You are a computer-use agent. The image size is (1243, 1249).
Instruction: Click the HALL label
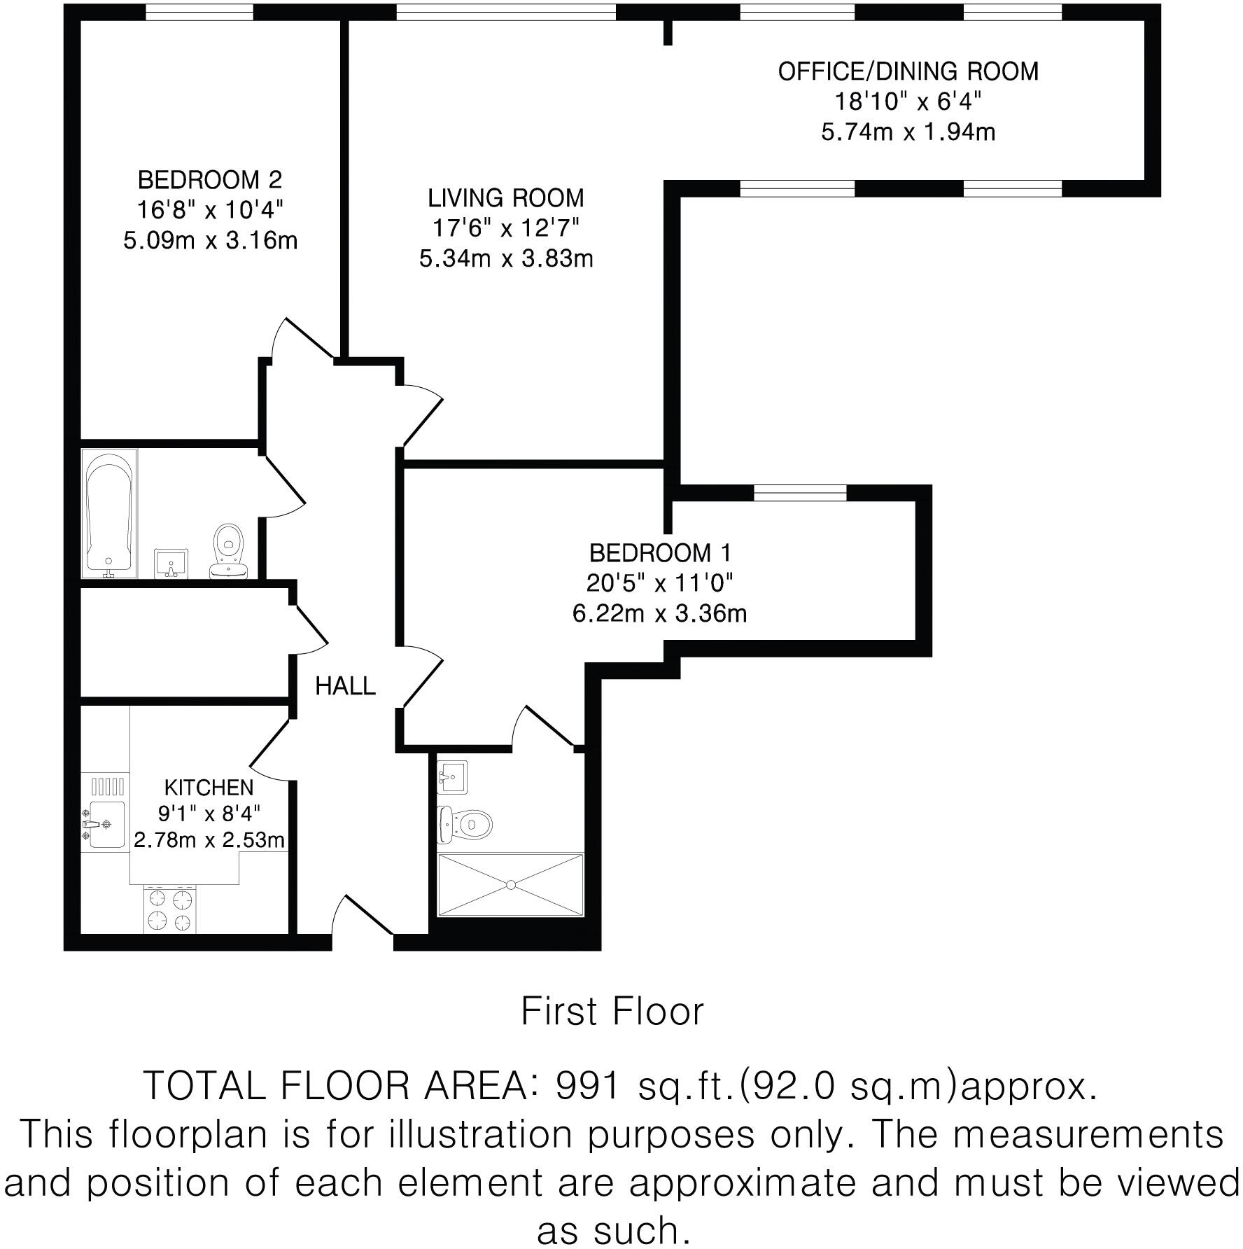345,686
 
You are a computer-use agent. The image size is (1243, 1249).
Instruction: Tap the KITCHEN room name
209,788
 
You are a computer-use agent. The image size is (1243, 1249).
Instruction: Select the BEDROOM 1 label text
660,553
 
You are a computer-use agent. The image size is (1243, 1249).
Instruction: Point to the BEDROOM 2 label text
210,180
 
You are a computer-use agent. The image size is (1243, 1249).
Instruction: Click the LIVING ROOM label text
506,198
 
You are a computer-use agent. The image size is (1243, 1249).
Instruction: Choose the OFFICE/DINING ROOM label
908,71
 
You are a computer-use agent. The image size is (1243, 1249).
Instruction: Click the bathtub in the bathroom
109,512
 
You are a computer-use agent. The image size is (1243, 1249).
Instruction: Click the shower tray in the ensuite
510,884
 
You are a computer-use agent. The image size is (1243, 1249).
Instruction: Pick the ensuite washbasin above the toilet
451,776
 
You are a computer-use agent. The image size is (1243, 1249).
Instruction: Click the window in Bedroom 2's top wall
199,12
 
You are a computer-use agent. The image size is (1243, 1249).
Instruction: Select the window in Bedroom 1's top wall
800,493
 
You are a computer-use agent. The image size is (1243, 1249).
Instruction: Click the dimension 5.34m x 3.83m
506,259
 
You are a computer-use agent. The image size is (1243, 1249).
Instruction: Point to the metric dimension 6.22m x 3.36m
660,614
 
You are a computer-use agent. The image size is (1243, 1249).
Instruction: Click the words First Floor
612,1012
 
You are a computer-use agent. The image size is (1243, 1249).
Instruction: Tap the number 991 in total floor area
587,1086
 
